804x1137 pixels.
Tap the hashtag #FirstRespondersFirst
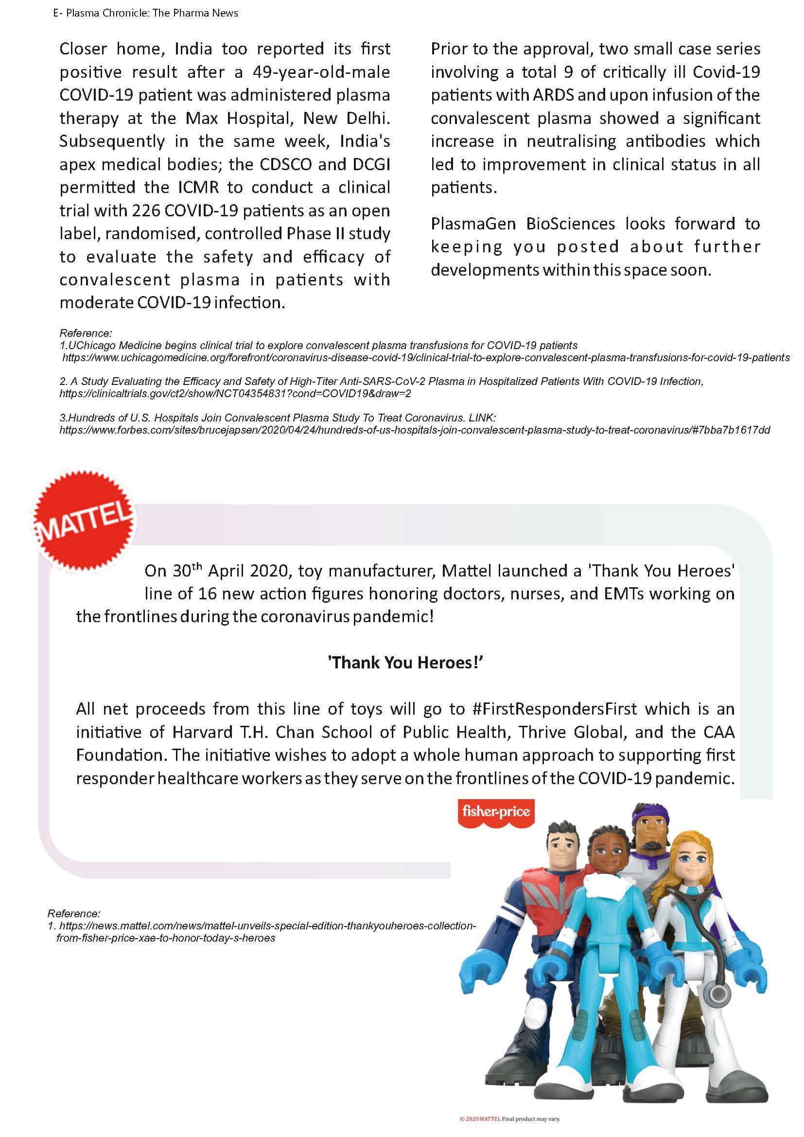[555, 709]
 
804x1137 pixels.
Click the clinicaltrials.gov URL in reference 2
[235, 394]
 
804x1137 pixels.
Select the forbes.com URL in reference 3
[414, 430]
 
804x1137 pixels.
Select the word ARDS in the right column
[553, 95]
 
